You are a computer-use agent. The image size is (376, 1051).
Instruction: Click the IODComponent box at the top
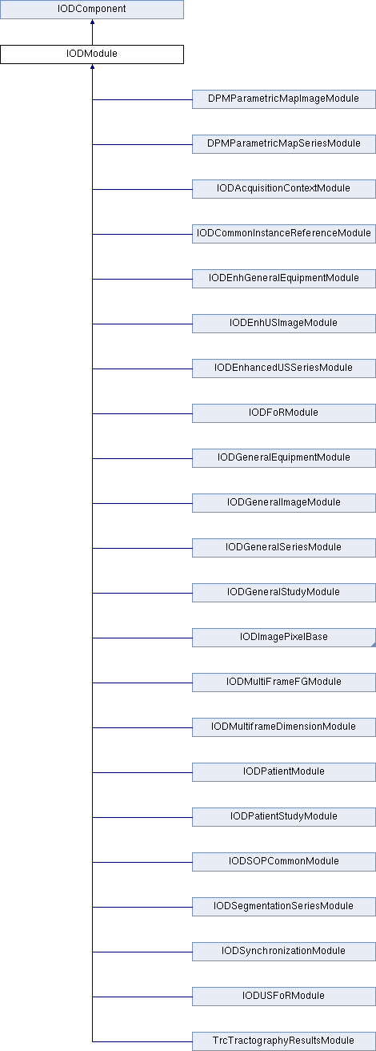click(x=92, y=10)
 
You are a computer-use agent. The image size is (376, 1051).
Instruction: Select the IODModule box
click(x=92, y=54)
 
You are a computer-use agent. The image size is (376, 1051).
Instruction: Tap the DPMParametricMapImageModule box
click(x=284, y=99)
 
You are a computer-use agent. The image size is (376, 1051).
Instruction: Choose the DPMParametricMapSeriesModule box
click(x=284, y=144)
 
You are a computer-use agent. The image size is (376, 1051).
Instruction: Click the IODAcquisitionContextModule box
click(x=284, y=189)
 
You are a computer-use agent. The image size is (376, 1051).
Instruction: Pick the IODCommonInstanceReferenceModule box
click(x=284, y=234)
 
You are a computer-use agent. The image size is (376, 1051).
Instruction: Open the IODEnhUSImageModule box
click(x=284, y=324)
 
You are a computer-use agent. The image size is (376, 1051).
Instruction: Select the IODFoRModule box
click(x=284, y=413)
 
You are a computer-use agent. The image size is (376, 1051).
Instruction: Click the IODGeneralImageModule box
click(x=284, y=503)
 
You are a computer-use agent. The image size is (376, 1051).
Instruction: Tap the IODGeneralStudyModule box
click(x=284, y=593)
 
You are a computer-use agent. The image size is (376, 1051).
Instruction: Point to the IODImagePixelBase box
click(x=284, y=638)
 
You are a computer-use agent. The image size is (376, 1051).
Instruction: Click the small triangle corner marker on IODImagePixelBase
click(x=374, y=645)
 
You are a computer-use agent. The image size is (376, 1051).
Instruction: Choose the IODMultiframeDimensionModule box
click(x=284, y=727)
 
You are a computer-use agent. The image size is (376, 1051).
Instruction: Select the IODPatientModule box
click(x=284, y=772)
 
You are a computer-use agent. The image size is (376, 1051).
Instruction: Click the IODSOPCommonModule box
click(x=284, y=862)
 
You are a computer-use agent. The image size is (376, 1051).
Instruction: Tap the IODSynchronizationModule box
click(x=284, y=952)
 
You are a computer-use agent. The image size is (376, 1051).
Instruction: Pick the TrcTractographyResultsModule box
click(x=284, y=1041)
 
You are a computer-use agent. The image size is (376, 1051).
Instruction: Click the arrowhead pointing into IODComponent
click(x=92, y=22)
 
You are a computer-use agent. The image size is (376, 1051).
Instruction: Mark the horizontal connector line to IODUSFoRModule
click(x=142, y=997)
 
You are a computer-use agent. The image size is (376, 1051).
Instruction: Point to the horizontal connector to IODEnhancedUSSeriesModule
click(x=142, y=368)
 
